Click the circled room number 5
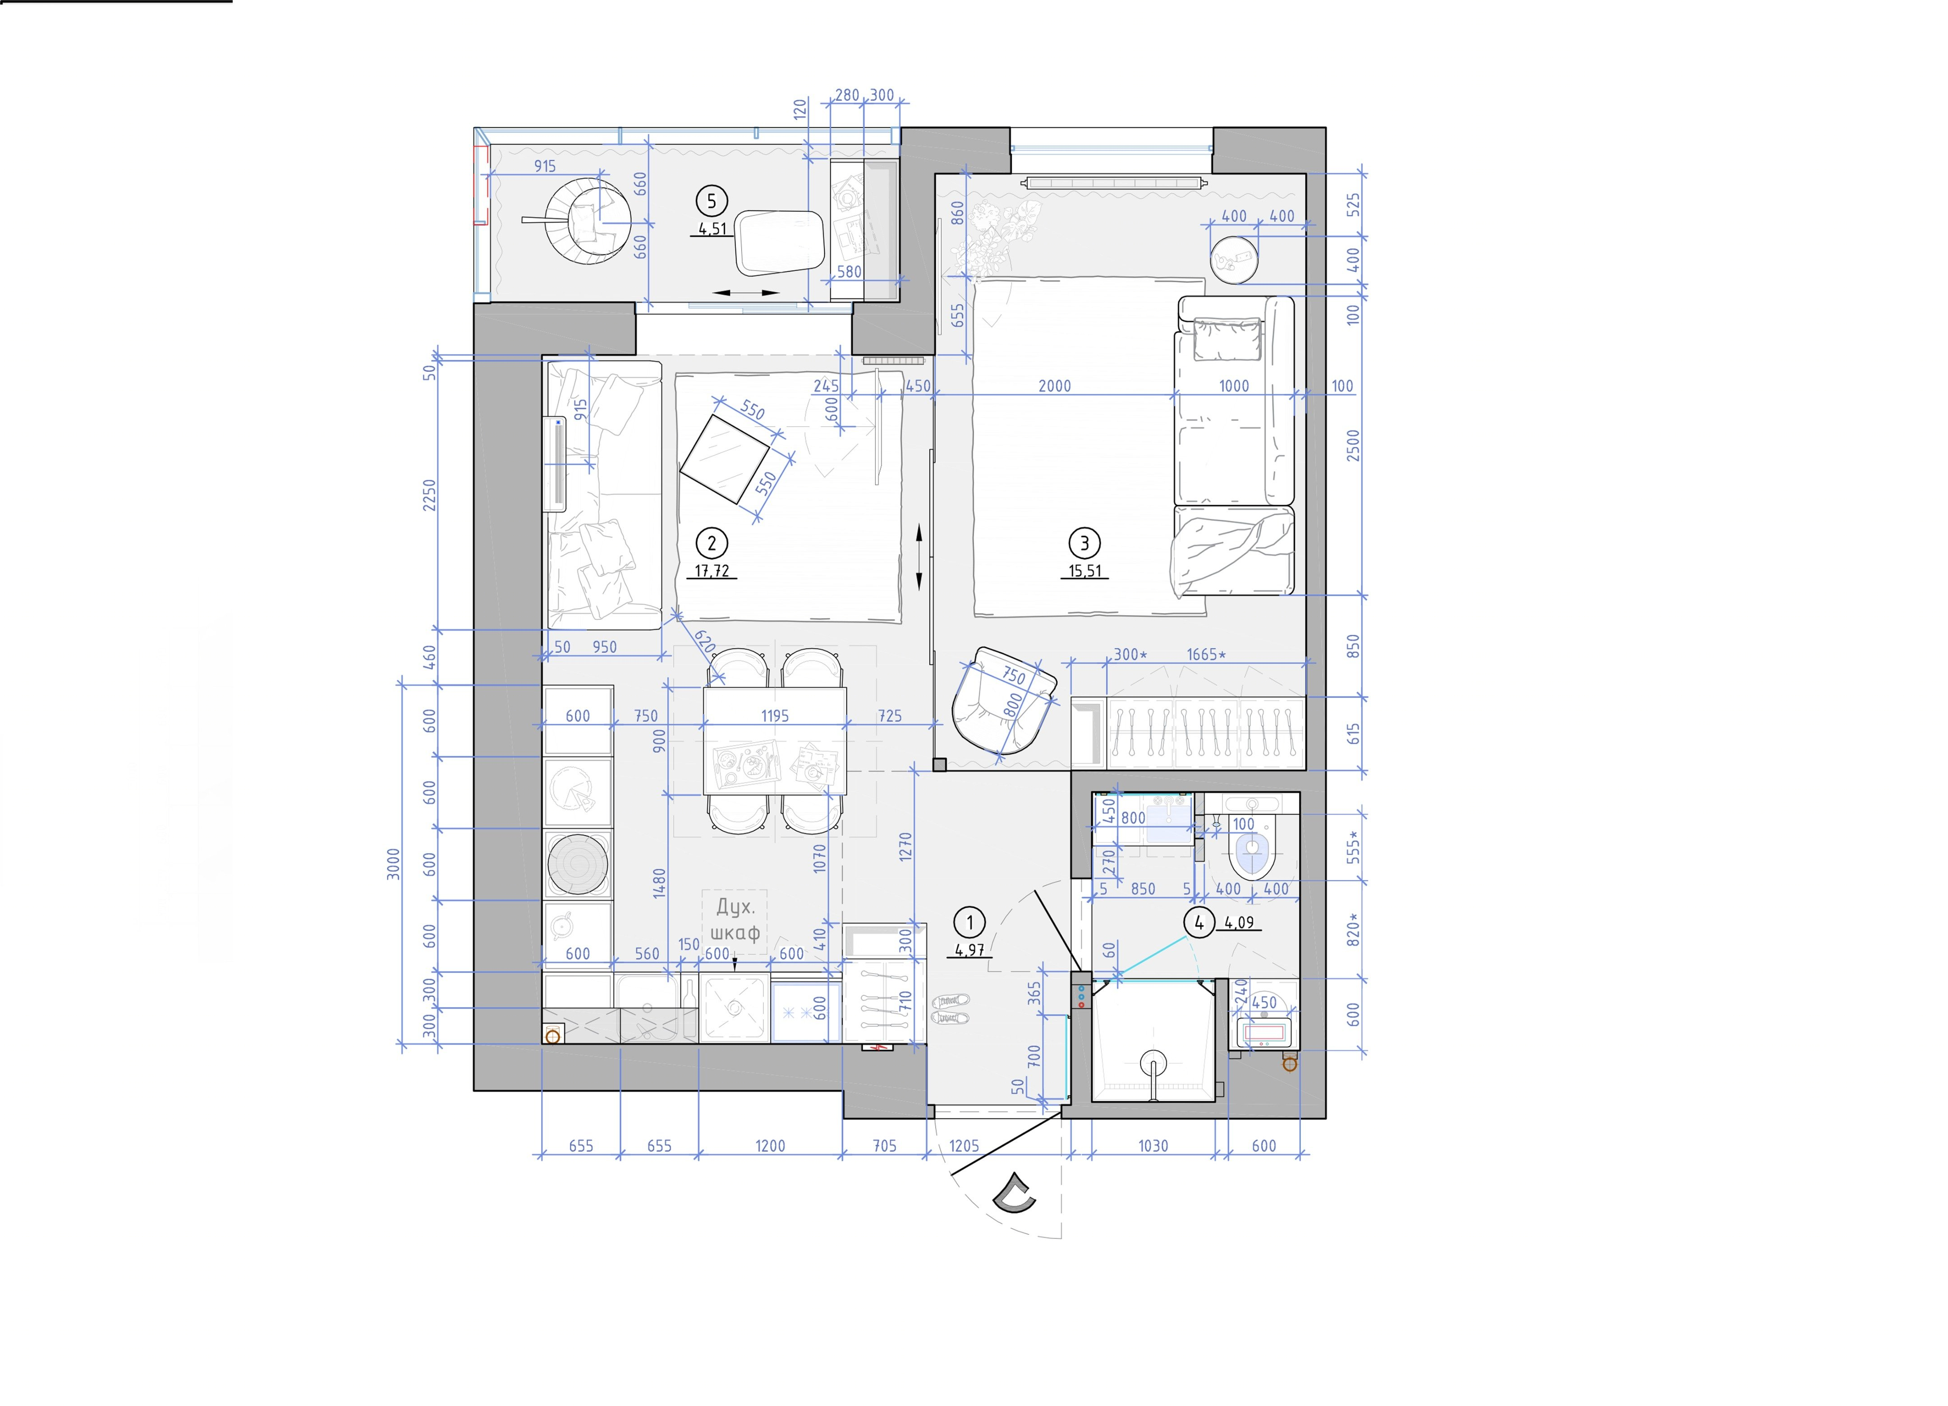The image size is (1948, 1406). pyautogui.click(x=711, y=201)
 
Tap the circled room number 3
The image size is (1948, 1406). pyautogui.click(x=1084, y=543)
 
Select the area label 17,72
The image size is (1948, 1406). pyautogui.click(x=712, y=570)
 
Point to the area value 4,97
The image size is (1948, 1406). pyautogui.click(x=969, y=950)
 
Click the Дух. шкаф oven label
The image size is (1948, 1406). pyautogui.click(x=735, y=920)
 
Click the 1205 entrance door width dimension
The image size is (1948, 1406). pyautogui.click(x=964, y=1146)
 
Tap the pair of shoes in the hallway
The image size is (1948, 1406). pyautogui.click(x=951, y=1009)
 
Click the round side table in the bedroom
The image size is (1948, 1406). pyautogui.click(x=1234, y=258)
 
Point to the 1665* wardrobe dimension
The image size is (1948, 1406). pyautogui.click(x=1206, y=655)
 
